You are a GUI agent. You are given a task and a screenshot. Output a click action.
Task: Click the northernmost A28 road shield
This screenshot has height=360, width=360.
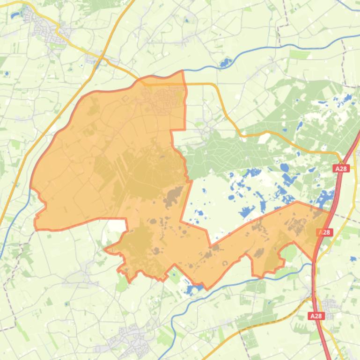click(x=342, y=168)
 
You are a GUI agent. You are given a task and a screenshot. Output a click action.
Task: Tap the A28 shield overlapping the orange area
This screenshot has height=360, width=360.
click(x=324, y=232)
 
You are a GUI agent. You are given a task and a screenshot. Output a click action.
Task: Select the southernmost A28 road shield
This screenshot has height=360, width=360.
click(x=316, y=316)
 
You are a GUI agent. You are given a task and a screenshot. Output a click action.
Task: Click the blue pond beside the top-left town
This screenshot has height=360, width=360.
click(x=14, y=15)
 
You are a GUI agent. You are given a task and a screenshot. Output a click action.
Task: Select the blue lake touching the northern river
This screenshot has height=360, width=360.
click(x=227, y=63)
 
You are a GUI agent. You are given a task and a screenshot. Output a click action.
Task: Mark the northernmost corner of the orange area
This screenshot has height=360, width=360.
click(x=182, y=72)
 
